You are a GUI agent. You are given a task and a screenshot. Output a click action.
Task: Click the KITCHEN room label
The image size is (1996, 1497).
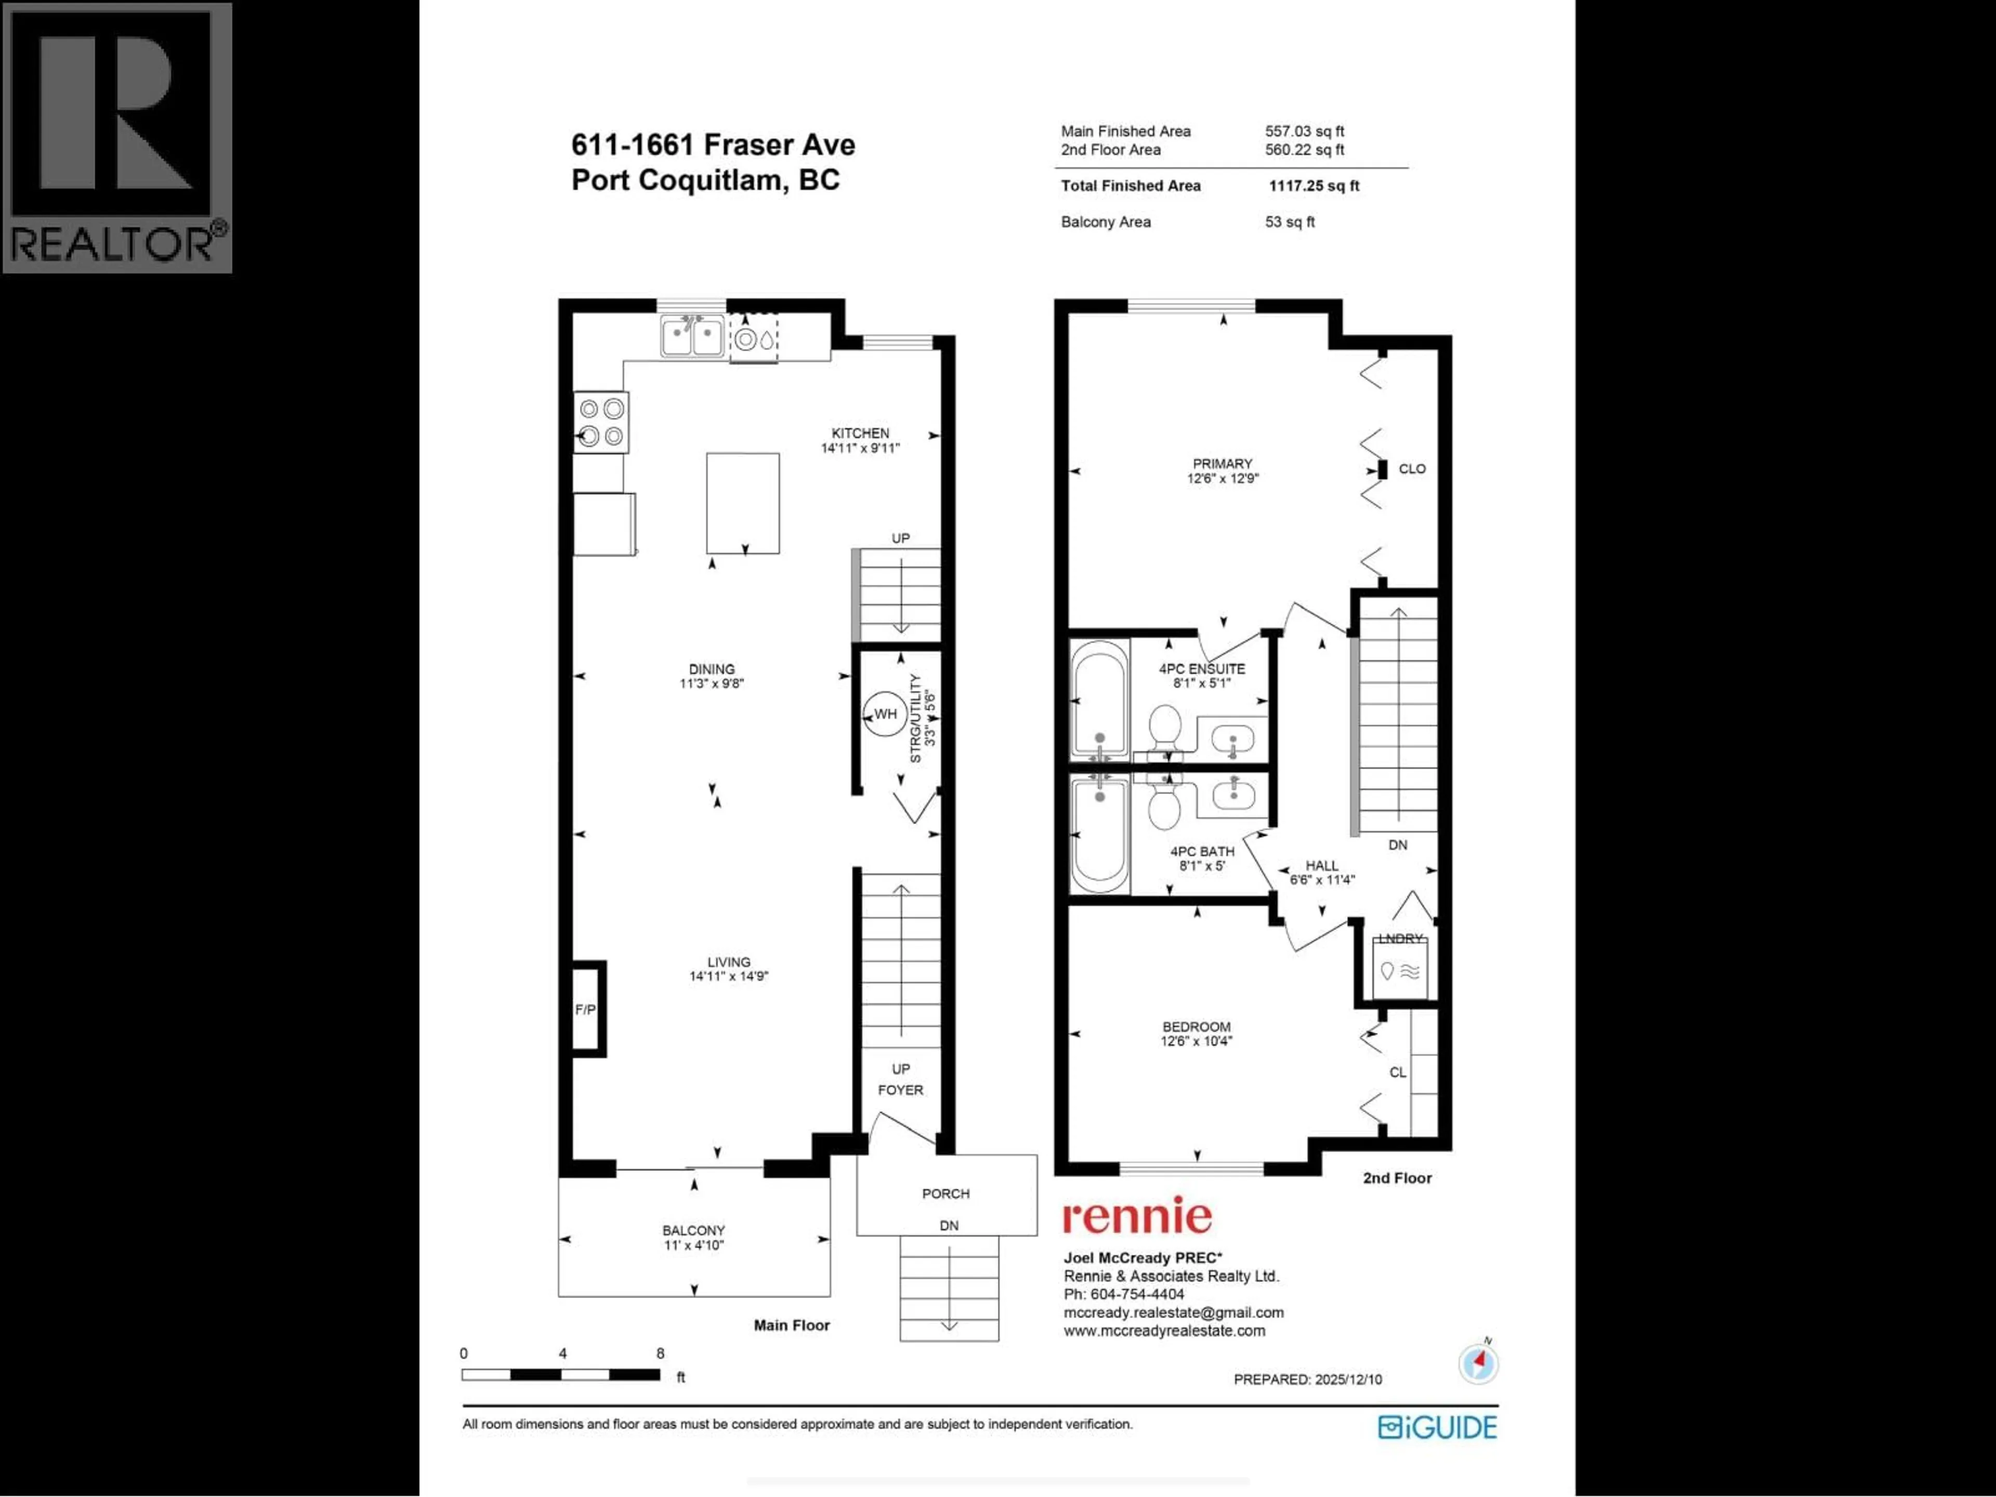(x=860, y=433)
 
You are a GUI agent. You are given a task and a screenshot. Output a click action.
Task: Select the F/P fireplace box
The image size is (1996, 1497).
(x=586, y=1009)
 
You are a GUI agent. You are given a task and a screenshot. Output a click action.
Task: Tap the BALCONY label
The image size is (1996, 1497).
(x=693, y=1230)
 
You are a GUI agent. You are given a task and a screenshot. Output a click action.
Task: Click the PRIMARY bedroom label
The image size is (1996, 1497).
(x=1222, y=464)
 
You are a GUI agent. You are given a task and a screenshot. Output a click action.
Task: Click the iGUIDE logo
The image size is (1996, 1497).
(x=1437, y=1427)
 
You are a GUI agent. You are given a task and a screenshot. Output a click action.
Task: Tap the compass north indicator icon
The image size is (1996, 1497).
(x=1478, y=1362)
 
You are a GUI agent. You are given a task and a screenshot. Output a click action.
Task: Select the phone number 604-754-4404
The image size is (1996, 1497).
(x=1137, y=1294)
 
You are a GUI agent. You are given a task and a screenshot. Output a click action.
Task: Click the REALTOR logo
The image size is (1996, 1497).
(x=117, y=137)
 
